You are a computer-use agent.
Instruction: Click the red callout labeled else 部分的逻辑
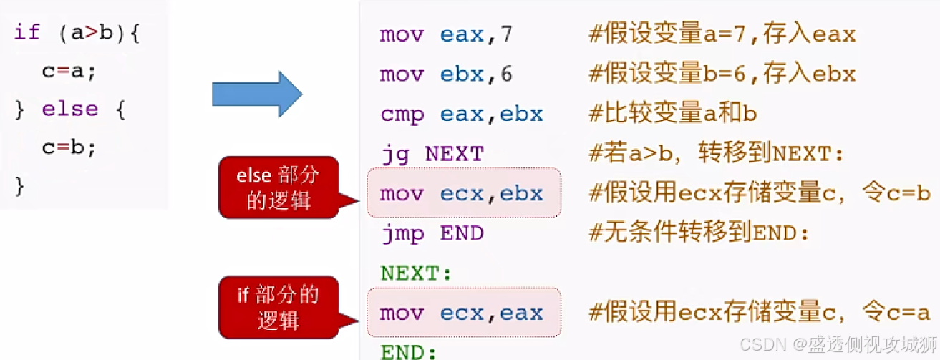(278, 187)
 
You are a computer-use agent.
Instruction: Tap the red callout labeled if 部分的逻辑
(278, 306)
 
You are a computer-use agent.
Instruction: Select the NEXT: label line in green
(417, 273)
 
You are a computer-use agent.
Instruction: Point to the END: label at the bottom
(408, 351)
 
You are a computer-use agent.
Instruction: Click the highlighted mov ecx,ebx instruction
(462, 193)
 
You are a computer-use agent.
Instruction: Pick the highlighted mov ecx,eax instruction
(462, 313)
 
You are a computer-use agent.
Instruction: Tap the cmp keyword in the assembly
(402, 115)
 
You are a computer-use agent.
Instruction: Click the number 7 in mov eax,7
(507, 34)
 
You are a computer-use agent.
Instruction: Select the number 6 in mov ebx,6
(507, 74)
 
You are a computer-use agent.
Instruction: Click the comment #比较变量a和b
(673, 114)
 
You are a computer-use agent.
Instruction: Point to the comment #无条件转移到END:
(699, 233)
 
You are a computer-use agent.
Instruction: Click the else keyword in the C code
(69, 109)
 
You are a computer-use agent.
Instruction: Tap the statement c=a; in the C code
(69, 71)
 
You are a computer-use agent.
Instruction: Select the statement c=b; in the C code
(69, 147)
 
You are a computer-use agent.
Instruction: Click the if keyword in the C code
(26, 33)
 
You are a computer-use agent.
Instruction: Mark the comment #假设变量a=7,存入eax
(722, 34)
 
